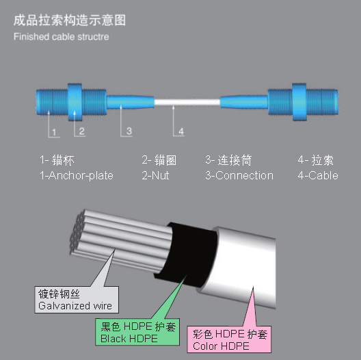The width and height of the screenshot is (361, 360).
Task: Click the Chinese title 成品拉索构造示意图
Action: pos(70,21)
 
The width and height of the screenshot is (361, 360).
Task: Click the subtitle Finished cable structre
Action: pos(62,37)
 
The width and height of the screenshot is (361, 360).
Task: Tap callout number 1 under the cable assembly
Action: pos(54,132)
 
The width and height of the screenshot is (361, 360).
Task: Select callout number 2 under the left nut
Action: pos(82,131)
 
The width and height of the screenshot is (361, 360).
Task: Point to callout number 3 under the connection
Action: pos(129,131)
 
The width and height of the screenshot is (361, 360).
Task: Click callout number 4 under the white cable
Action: pos(181,131)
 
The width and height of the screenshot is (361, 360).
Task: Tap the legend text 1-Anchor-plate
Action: pos(77,176)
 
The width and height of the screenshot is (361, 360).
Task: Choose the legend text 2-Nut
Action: pos(155,175)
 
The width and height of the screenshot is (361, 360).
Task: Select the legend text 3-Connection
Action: pos(239,175)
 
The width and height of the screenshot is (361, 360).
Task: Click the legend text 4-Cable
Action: pos(318,175)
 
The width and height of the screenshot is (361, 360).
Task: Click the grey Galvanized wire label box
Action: pos(77,300)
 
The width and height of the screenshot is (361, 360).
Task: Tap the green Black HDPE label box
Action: pos(137,332)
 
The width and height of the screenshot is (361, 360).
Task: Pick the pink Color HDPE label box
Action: pos(229,339)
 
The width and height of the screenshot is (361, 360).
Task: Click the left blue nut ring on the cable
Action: pos(75,102)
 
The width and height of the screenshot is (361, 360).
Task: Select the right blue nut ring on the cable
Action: pos(299,102)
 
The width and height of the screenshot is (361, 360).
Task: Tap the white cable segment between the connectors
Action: pos(187,103)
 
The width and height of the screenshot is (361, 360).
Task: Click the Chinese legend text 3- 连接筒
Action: pos(228,160)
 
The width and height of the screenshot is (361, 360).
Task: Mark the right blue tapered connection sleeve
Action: pos(244,102)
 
